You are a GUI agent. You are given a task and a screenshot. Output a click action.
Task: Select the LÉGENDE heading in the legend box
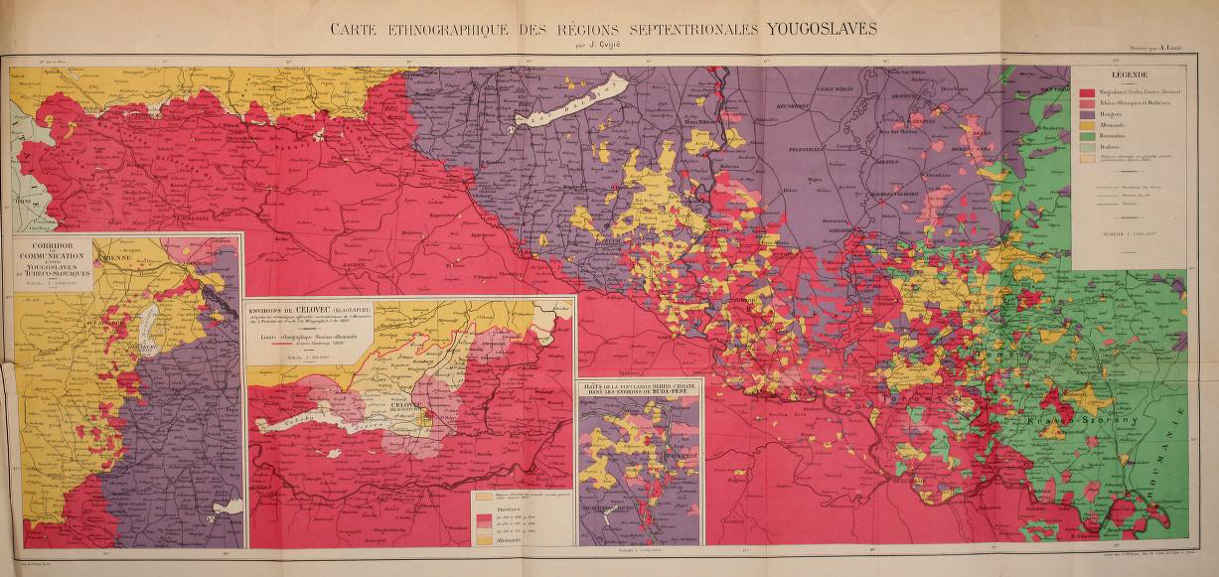click(x=1129, y=75)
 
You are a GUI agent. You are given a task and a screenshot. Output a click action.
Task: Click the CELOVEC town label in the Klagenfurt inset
click(x=402, y=405)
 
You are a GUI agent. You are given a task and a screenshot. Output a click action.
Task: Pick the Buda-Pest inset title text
click(x=638, y=391)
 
